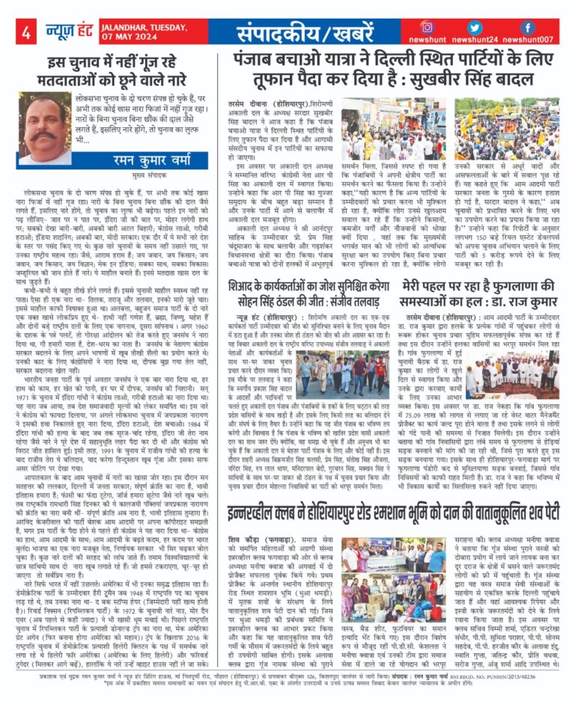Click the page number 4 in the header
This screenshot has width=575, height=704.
[25, 32]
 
